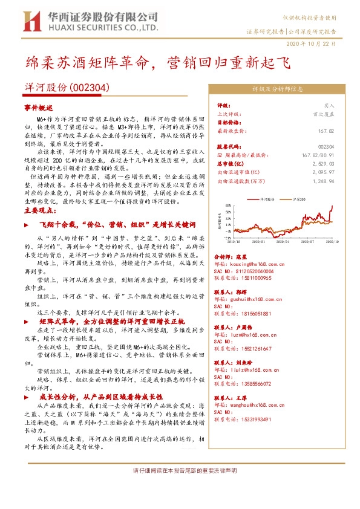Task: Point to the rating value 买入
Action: [329, 105]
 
